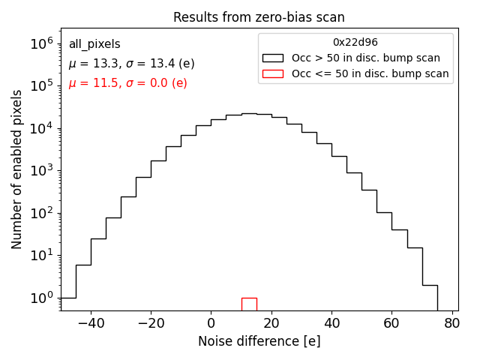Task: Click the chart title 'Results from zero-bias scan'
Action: pos(259,17)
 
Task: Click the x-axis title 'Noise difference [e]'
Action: pos(259,341)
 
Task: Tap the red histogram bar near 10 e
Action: pos(249,304)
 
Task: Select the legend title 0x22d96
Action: pos(355,43)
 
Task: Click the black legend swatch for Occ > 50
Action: pos(274,58)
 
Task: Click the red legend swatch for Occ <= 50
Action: pos(274,73)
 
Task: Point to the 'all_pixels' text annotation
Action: pos(94,44)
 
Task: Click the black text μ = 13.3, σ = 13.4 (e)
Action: pos(131,64)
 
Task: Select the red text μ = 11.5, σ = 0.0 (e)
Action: pos(127,83)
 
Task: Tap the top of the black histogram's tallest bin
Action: pos(249,113)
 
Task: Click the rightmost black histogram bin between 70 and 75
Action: pos(430,297)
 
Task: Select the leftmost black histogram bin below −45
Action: pos(68,304)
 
